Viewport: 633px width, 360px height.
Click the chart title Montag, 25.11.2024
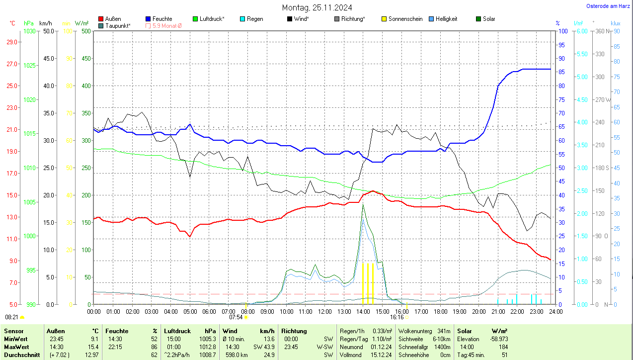pyautogui.click(x=317, y=7)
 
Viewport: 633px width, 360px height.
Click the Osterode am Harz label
pyautogui.click(x=608, y=6)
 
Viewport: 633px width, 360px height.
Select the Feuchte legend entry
pyautogui.click(x=158, y=19)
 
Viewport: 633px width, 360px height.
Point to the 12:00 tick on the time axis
pyautogui.click(x=324, y=312)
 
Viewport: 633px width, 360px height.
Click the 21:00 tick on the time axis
pyautogui.click(x=498, y=312)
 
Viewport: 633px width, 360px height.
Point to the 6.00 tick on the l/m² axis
pyautogui.click(x=581, y=31)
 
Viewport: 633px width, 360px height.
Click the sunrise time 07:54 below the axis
pyautogui.click(x=236, y=317)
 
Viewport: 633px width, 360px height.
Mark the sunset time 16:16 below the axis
pyautogui.click(x=396, y=317)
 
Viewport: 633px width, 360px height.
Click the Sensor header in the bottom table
pyautogui.click(x=13, y=331)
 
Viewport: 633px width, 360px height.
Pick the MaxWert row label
pyautogui.click(x=16, y=347)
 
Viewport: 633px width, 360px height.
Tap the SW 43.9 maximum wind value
pyautogui.click(x=263, y=347)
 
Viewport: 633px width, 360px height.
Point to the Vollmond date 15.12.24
pyautogui.click(x=382, y=355)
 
